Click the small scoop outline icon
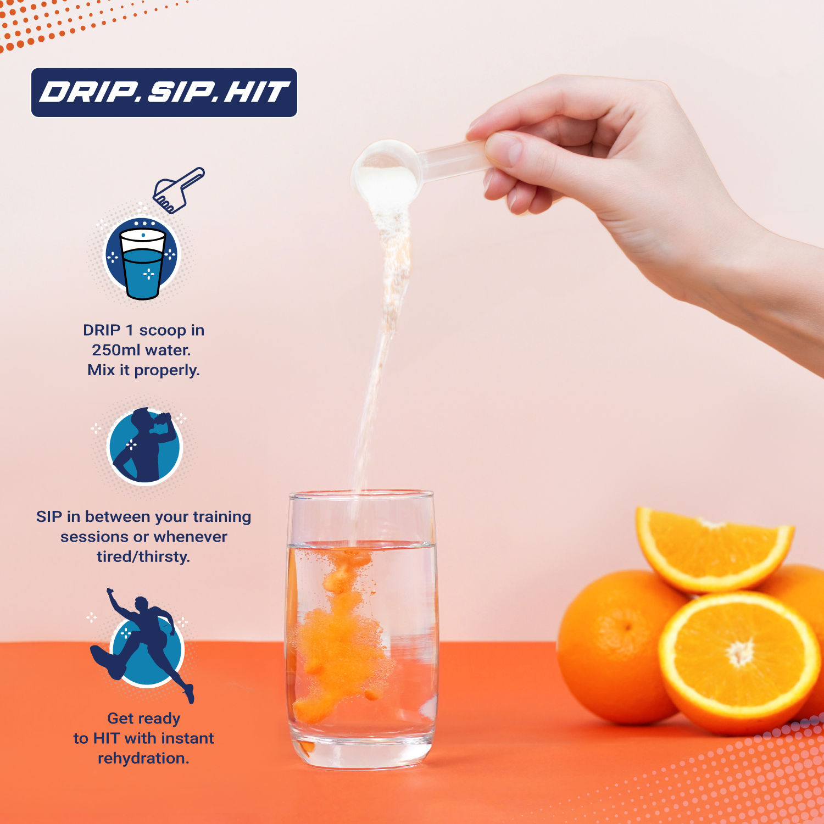coord(178,190)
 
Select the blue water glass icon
coord(142,258)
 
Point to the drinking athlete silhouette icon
coord(144,446)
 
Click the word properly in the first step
coord(167,371)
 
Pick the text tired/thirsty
coord(143,557)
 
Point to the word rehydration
coord(143,758)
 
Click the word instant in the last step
coord(185,738)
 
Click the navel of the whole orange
coord(626,626)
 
